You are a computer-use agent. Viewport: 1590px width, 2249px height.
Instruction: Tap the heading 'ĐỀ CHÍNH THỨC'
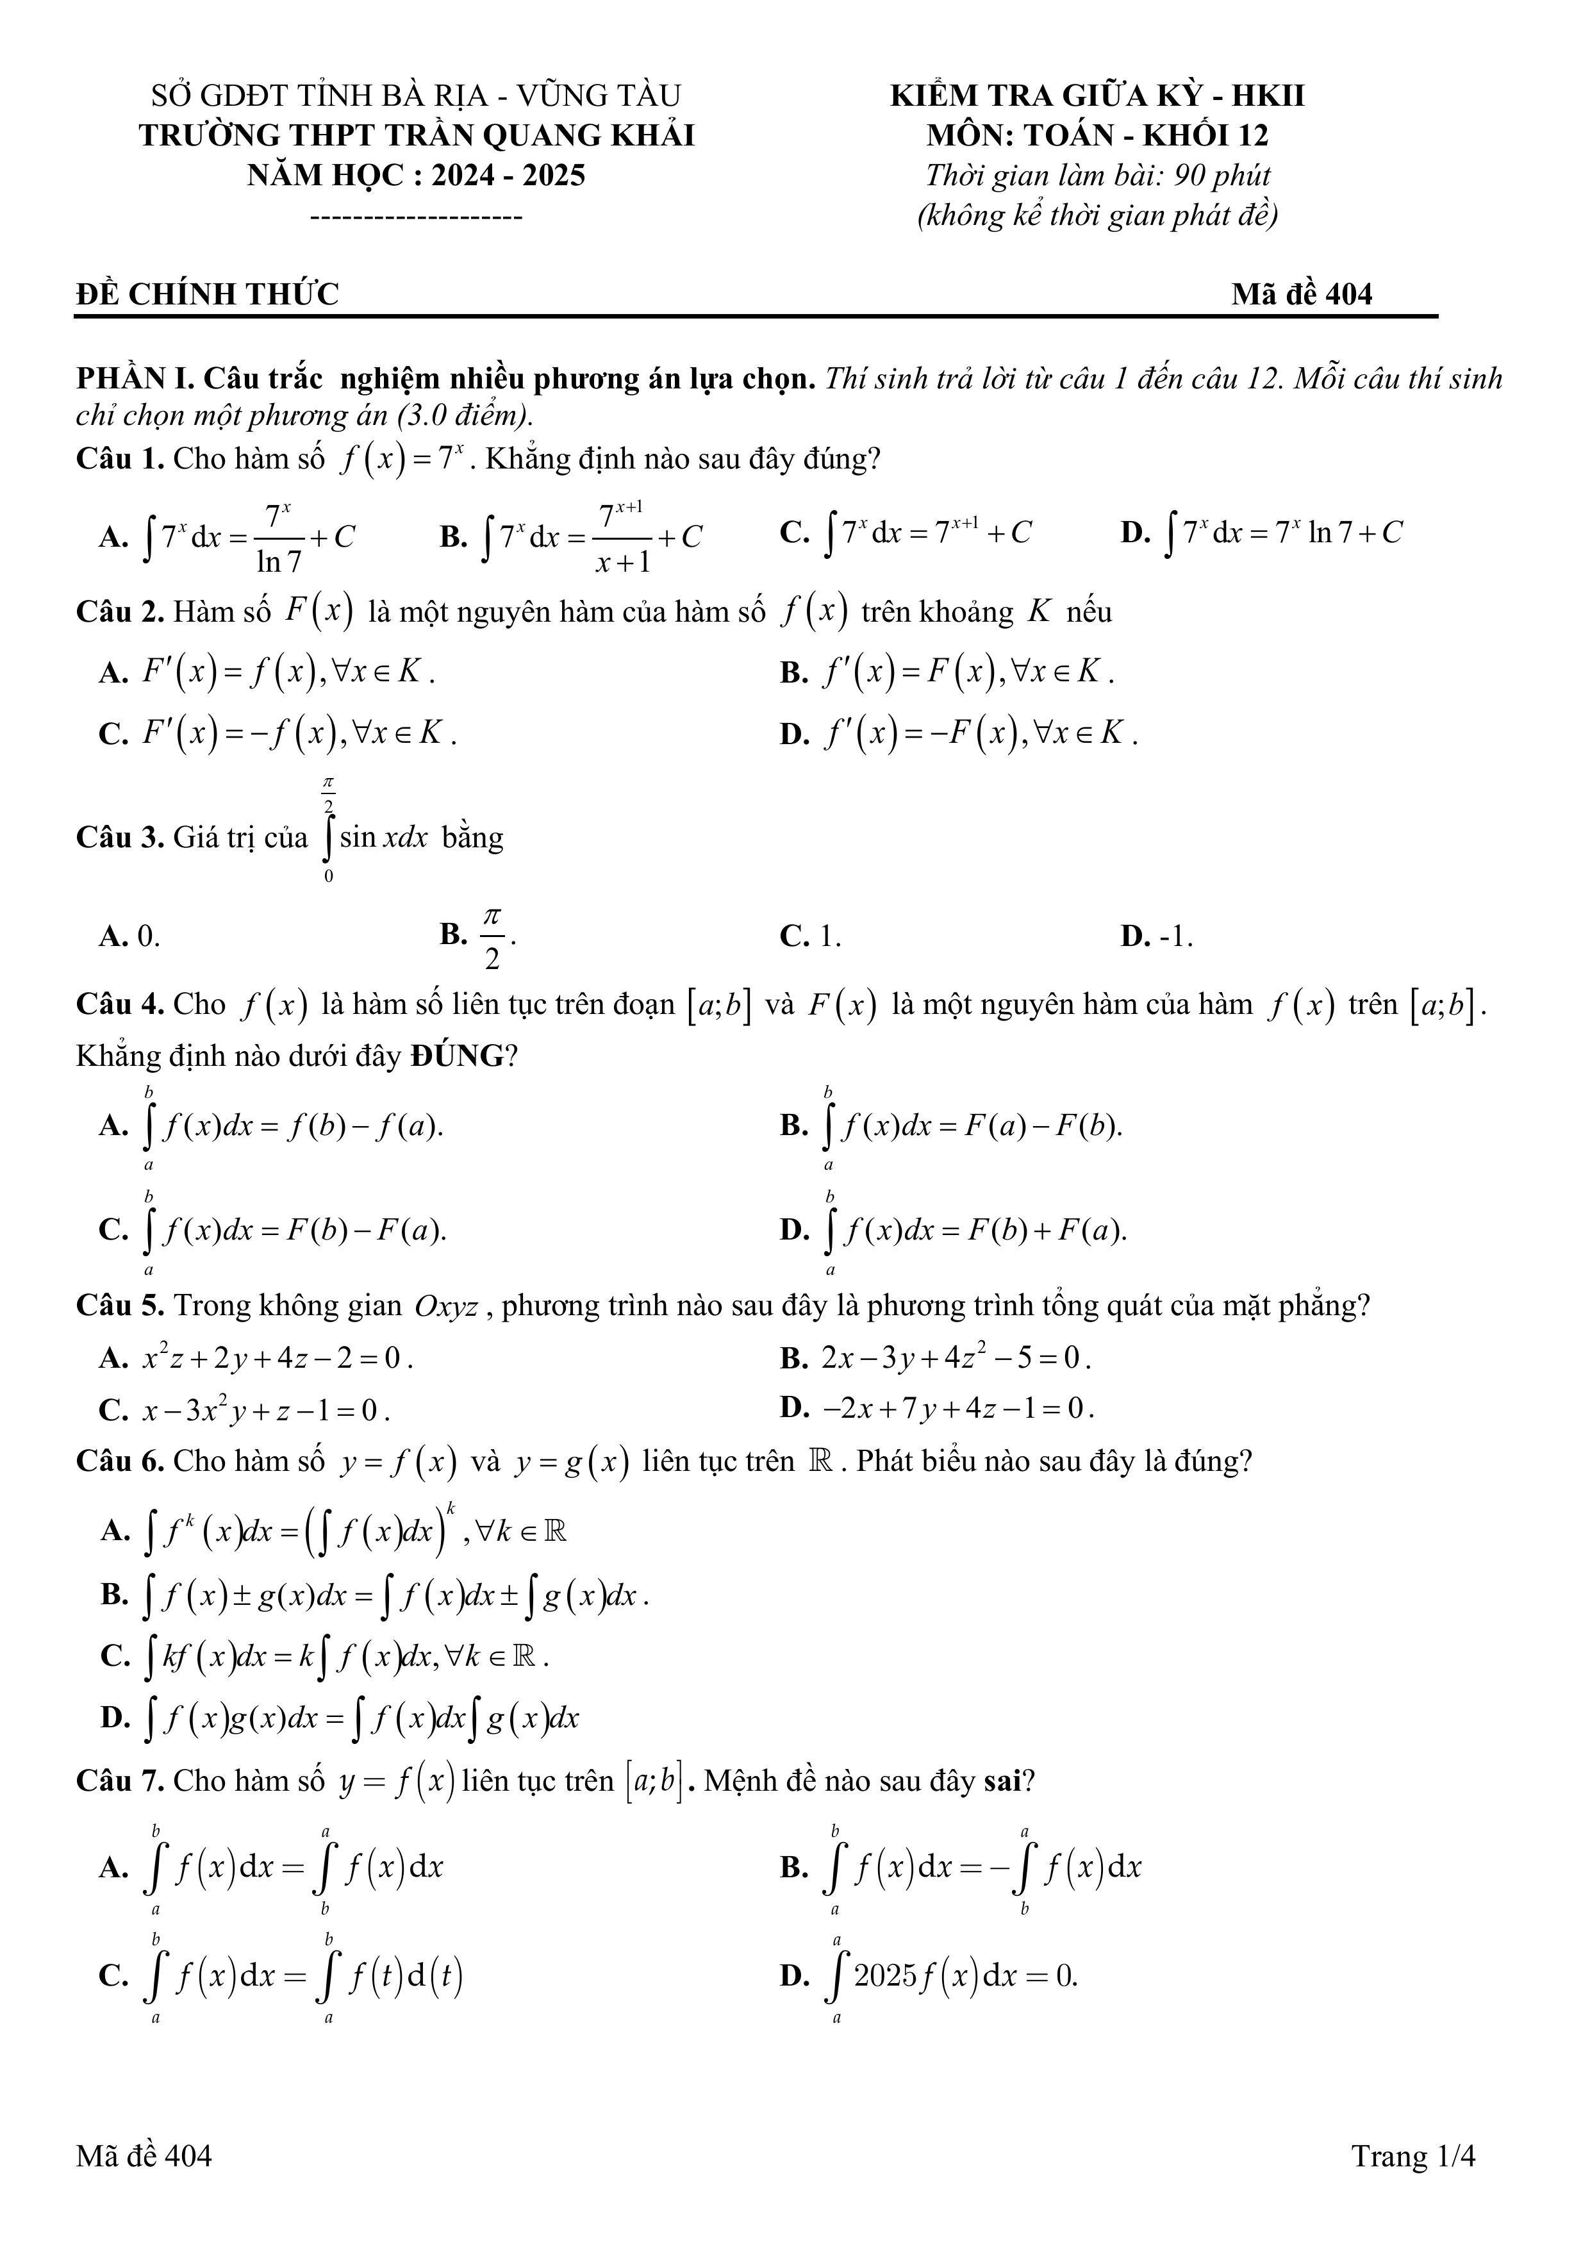pos(207,294)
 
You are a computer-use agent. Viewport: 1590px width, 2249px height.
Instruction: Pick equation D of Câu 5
pos(938,1409)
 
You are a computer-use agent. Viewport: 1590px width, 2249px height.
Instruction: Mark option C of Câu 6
pos(323,1656)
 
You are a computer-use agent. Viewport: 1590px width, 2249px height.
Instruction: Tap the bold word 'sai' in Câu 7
pos(1003,1780)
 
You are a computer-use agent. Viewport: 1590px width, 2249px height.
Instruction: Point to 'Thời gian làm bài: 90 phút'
pos(1097,176)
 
